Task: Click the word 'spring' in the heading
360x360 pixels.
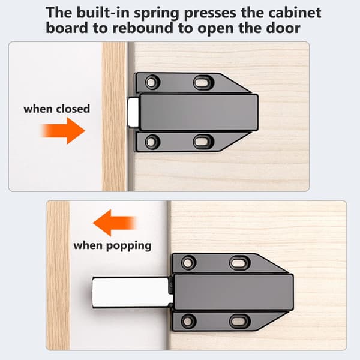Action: pos(157,13)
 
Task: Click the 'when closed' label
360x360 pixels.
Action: pos(57,109)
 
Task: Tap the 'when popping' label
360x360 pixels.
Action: pos(112,246)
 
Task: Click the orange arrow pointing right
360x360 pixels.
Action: pos(63,131)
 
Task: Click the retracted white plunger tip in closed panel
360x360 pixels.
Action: pos(133,112)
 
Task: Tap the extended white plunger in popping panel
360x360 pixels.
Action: pos(132,293)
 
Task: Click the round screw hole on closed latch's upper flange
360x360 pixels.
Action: pos(152,82)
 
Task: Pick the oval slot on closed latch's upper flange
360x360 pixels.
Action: pos(203,82)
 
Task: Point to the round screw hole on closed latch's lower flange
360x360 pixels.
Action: pos(152,142)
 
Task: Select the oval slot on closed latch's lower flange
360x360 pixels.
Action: pos(203,142)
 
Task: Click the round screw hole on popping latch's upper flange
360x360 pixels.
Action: pos(188,263)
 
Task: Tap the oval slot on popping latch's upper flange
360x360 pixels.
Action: pos(239,263)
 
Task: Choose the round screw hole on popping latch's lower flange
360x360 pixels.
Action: pos(188,321)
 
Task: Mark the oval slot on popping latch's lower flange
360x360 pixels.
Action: pos(239,321)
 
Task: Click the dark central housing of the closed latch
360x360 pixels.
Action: pos(199,112)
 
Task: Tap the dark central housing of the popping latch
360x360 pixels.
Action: pos(234,292)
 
